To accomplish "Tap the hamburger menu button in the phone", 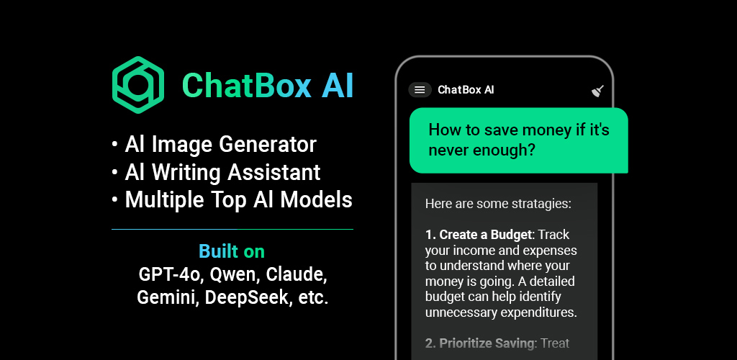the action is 420,90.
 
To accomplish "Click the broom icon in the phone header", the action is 597,91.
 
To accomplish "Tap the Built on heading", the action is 232,251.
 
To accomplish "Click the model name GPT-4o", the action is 170,275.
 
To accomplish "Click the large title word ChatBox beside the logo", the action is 246,86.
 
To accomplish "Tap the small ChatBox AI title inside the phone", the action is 466,90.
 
